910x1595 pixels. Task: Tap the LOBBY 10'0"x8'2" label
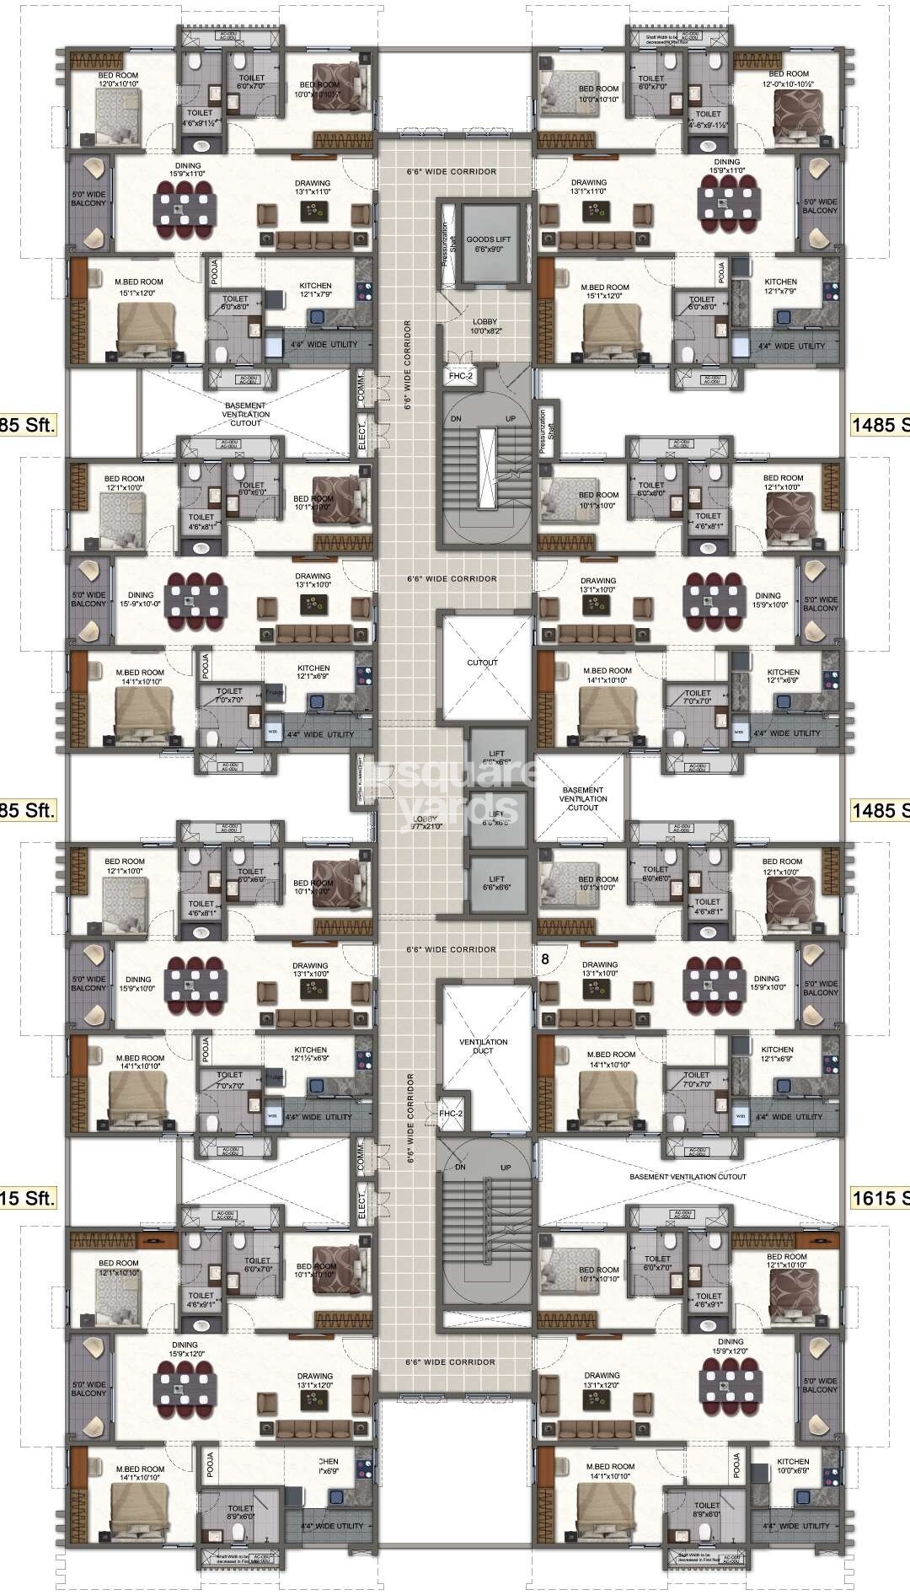484,326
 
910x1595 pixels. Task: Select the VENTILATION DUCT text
483,1046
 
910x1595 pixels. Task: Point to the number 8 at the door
545,959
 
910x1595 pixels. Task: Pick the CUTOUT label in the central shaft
482,663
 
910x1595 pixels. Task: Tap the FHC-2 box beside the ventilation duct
451,1114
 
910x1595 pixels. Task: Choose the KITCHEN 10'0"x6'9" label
793,1466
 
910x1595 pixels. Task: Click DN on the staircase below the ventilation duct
460,1168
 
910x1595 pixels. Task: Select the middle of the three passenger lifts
498,818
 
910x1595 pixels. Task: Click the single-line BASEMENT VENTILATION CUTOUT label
688,1177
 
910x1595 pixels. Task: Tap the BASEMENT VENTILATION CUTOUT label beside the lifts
582,798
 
